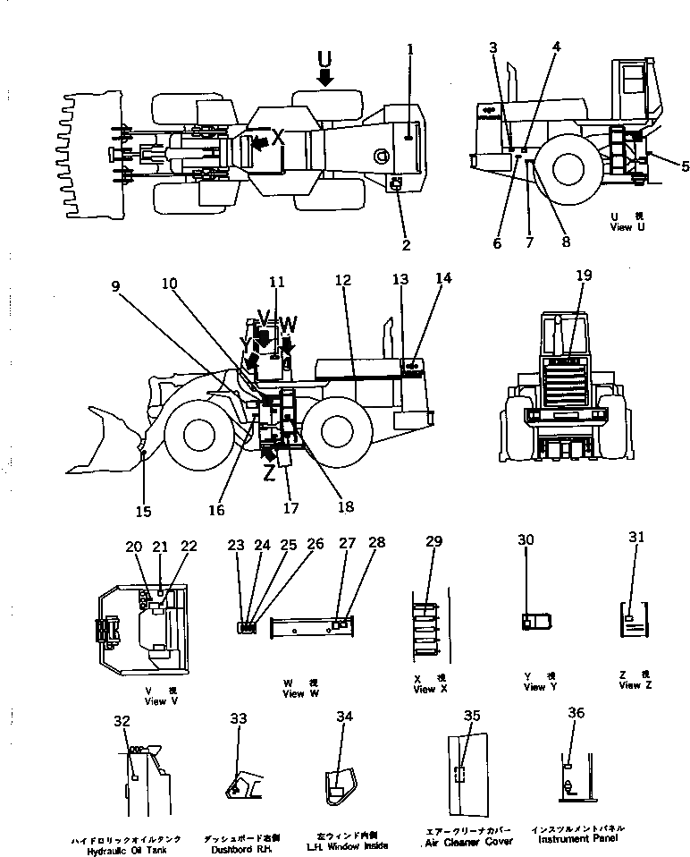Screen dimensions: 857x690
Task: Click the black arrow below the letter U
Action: (324, 79)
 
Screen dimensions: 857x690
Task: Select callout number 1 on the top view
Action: (410, 49)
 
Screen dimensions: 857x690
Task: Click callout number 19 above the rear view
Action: (584, 276)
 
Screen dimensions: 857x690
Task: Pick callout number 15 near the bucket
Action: (144, 512)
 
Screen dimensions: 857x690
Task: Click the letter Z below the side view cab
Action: (269, 476)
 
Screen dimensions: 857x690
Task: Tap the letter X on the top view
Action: (278, 137)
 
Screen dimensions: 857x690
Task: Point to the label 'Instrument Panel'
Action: (576, 838)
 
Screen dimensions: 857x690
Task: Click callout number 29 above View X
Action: (434, 543)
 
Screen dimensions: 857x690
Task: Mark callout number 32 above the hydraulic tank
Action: (122, 720)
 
